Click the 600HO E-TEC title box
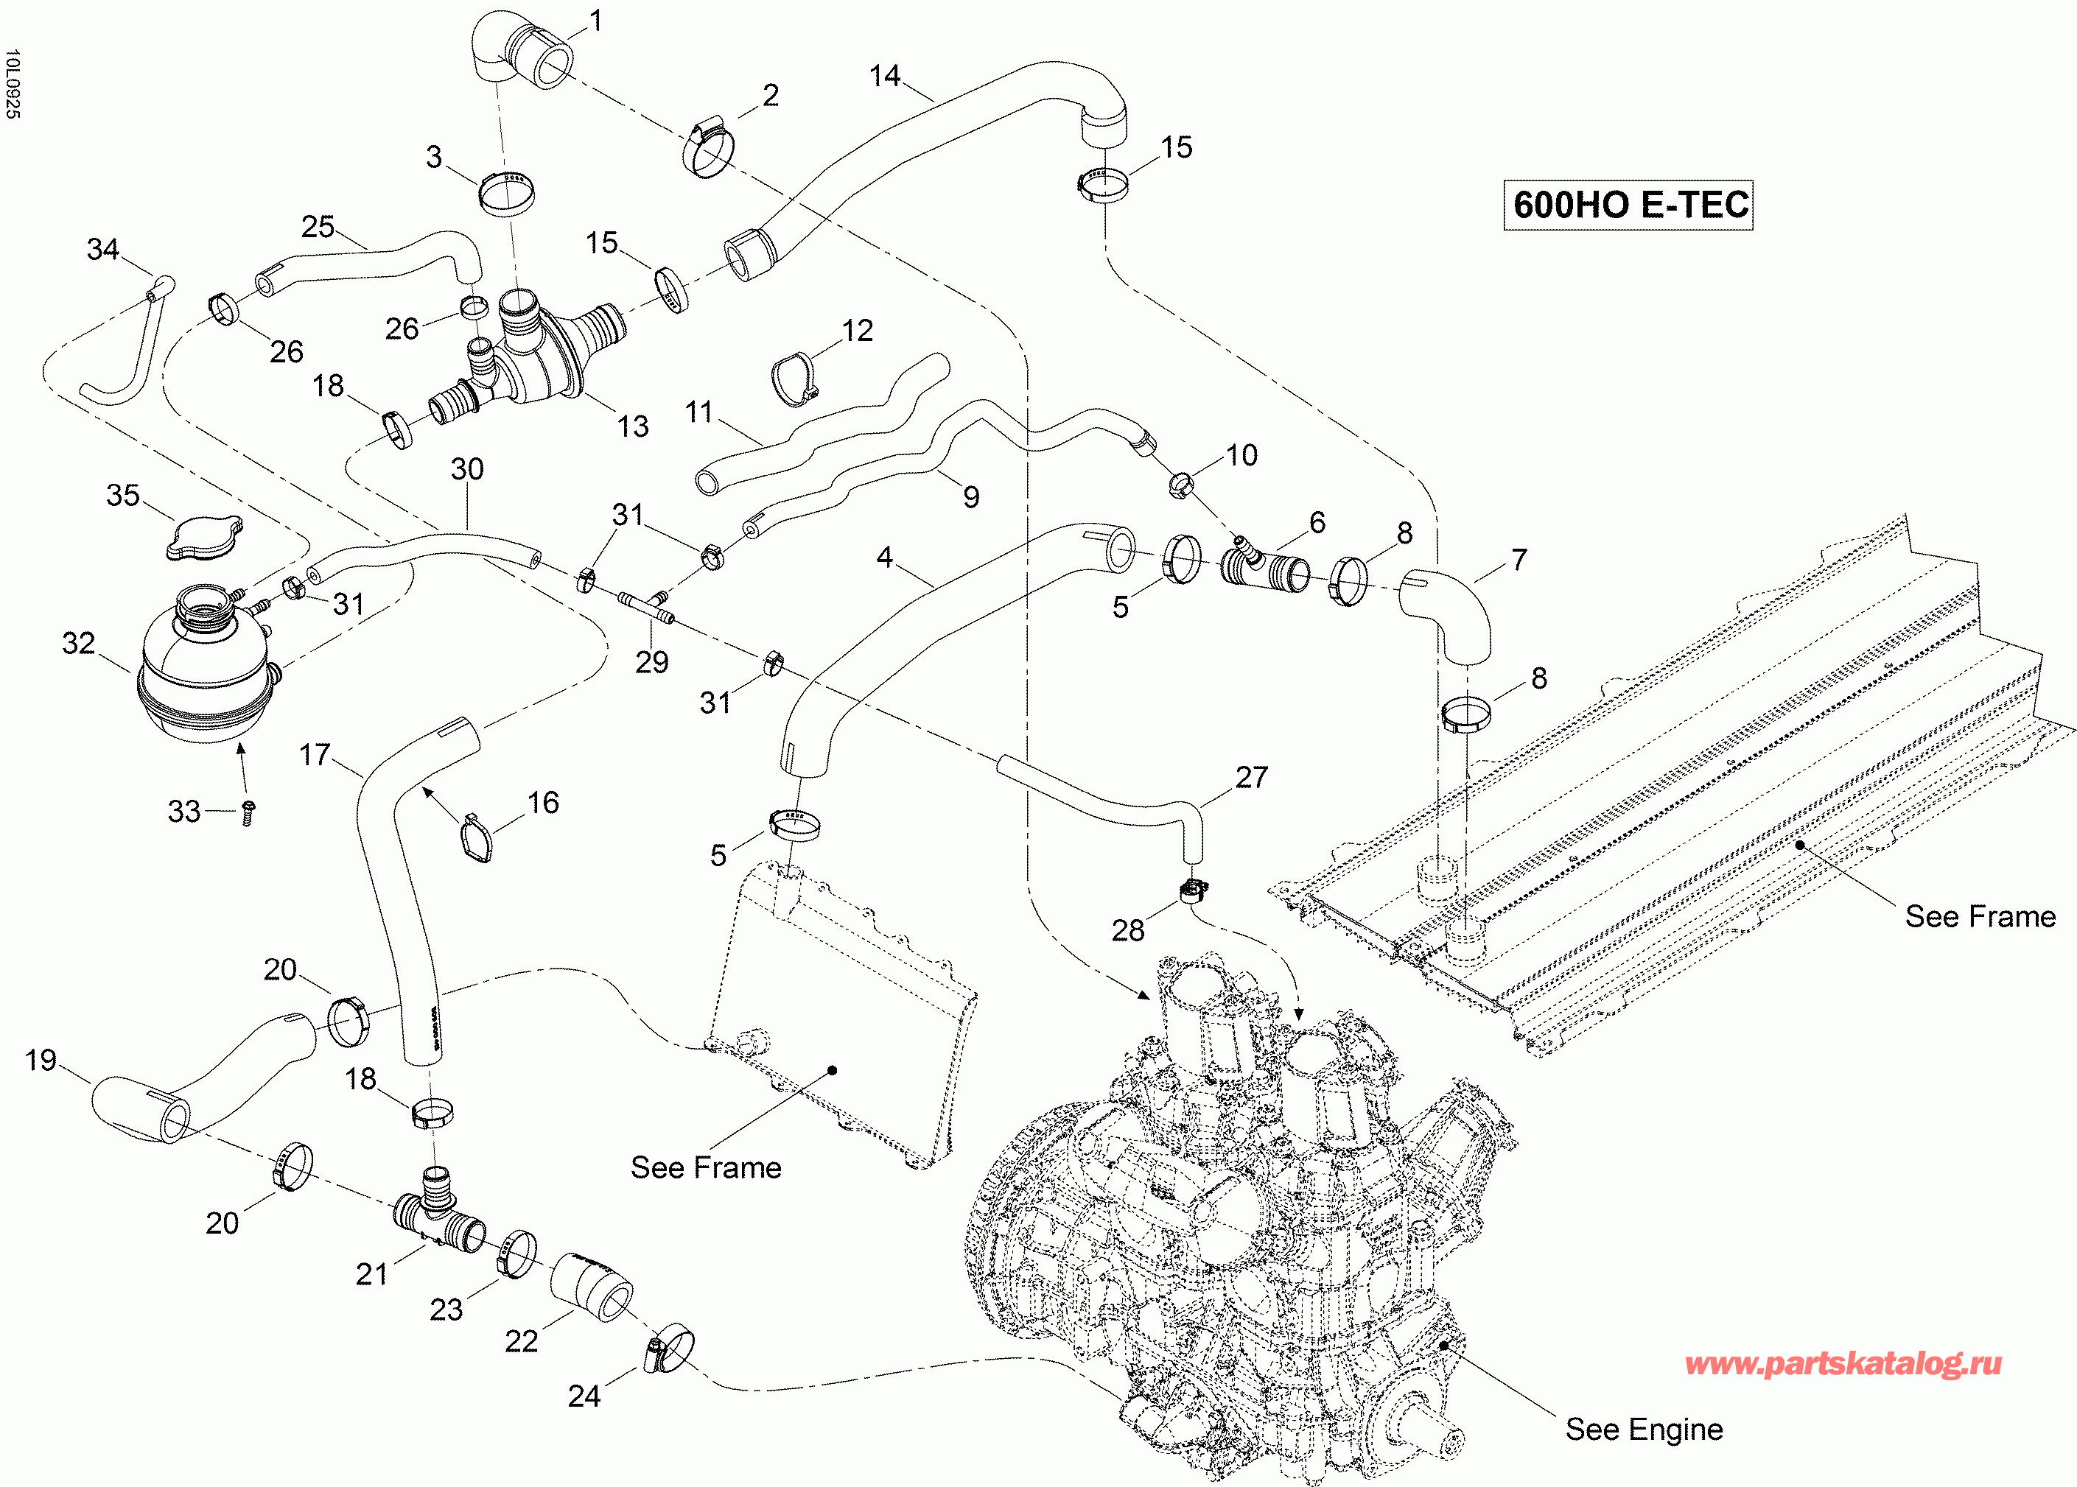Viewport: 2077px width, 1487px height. click(1628, 204)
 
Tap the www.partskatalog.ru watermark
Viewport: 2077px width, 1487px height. click(1843, 1364)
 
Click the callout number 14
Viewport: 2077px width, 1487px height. click(886, 75)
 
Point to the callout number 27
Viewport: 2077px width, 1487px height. click(1252, 776)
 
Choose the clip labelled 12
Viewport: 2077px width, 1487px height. click(794, 379)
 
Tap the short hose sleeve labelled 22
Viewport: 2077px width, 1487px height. click(592, 1287)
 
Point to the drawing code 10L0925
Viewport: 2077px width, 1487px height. click(12, 84)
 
